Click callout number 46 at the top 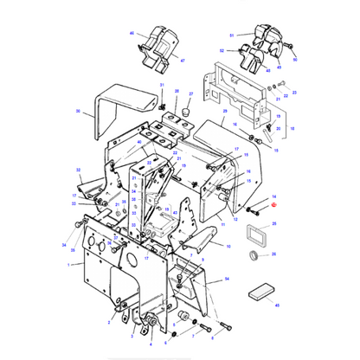(x=133, y=33)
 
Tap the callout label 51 (x=231, y=35)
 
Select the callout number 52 (x=222, y=51)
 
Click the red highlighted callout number (x=273, y=205)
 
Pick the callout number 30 (x=78, y=112)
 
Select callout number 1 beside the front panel (x=68, y=267)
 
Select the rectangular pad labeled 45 (x=259, y=291)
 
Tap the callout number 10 (x=228, y=246)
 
